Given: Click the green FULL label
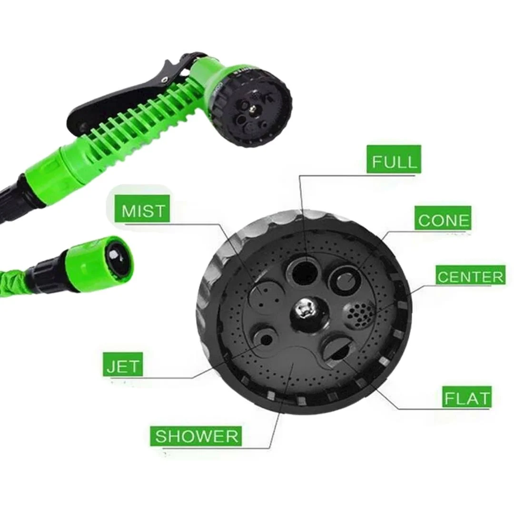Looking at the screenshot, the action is tap(394, 159).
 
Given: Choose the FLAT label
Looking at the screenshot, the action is tap(467, 396).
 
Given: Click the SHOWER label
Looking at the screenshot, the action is tap(196, 435).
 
